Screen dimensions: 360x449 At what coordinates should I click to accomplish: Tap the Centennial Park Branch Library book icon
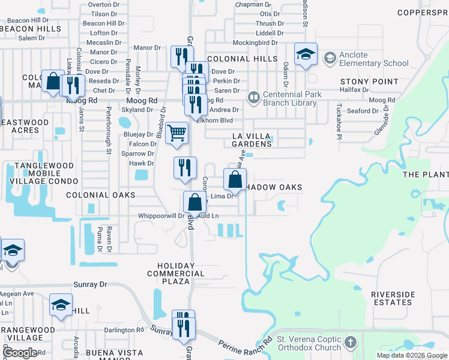click(254, 96)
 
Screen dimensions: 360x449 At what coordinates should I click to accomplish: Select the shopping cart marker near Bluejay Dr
click(176, 133)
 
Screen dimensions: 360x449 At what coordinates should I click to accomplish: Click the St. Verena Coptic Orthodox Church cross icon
click(351, 343)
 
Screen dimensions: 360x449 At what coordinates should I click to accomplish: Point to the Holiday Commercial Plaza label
click(176, 274)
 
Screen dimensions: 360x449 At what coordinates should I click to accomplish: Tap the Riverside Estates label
click(393, 298)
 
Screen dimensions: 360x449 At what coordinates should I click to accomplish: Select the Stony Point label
click(369, 82)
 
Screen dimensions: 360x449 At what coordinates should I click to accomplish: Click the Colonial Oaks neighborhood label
click(100, 195)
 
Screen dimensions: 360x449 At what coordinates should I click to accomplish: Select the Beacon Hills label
click(32, 28)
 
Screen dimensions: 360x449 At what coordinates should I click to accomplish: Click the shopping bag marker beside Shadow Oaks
click(235, 179)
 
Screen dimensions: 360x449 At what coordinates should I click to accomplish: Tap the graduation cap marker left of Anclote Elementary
click(306, 56)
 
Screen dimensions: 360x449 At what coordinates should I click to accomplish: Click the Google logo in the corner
click(19, 353)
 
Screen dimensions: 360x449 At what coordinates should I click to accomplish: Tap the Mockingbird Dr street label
click(255, 43)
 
